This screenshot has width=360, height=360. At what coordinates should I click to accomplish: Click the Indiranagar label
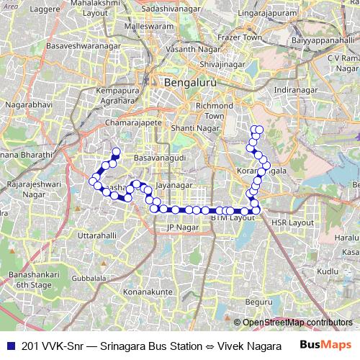(x=295, y=90)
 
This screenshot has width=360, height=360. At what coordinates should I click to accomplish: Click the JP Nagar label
(x=181, y=228)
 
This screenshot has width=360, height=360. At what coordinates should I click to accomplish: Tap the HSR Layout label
(x=292, y=222)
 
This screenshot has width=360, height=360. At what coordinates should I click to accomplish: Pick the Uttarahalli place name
(x=96, y=235)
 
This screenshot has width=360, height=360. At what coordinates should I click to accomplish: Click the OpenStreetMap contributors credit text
(x=297, y=323)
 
